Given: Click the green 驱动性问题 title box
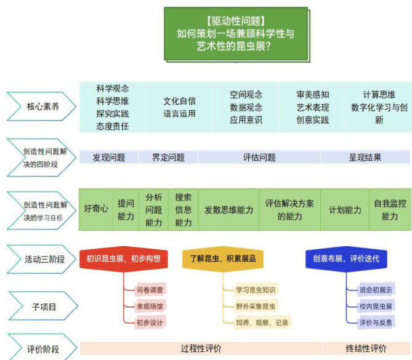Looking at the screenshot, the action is (x=236, y=34).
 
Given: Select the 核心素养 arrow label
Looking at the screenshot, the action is (x=41, y=106).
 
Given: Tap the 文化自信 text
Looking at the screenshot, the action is (x=179, y=101).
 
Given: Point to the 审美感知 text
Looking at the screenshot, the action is (x=313, y=95).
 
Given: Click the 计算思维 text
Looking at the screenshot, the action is (x=379, y=95).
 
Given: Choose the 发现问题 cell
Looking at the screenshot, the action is (x=109, y=158).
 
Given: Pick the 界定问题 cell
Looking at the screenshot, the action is (x=168, y=158).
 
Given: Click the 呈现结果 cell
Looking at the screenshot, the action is (x=365, y=158).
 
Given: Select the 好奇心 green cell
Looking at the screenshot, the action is (x=96, y=210).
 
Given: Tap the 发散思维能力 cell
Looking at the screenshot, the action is (x=228, y=210).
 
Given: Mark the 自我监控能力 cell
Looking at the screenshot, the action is (x=390, y=210).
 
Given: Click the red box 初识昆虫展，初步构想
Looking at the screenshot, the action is (x=124, y=258).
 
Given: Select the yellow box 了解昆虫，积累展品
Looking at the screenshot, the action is (x=223, y=258).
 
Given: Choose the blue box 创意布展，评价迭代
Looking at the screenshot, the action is (x=346, y=258).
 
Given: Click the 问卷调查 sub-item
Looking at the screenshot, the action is (x=150, y=290).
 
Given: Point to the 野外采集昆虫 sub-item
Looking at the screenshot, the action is (x=256, y=306).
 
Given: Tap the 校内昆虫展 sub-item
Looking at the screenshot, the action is (x=376, y=306).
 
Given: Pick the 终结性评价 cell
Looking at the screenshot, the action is (x=366, y=349).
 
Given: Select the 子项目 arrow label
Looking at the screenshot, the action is (x=43, y=306).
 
